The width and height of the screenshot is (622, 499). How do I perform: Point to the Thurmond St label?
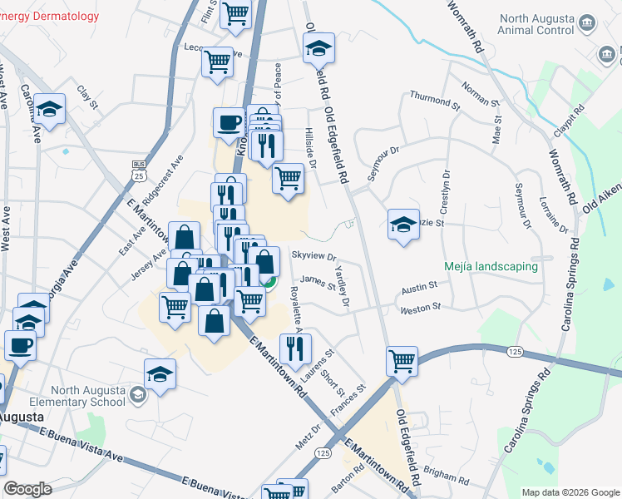pos(434,101)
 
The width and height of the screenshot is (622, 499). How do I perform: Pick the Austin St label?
pos(419,287)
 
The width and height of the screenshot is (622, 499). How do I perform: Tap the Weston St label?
pos(419,309)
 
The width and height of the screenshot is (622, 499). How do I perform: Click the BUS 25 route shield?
pos(139,170)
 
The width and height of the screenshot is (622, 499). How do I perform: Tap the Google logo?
pos(27,489)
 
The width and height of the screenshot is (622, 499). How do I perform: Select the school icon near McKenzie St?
pos(403,224)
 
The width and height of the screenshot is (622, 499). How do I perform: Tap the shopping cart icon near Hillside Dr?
pos(288,177)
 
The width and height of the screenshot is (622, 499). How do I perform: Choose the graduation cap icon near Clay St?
pos(50,109)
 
